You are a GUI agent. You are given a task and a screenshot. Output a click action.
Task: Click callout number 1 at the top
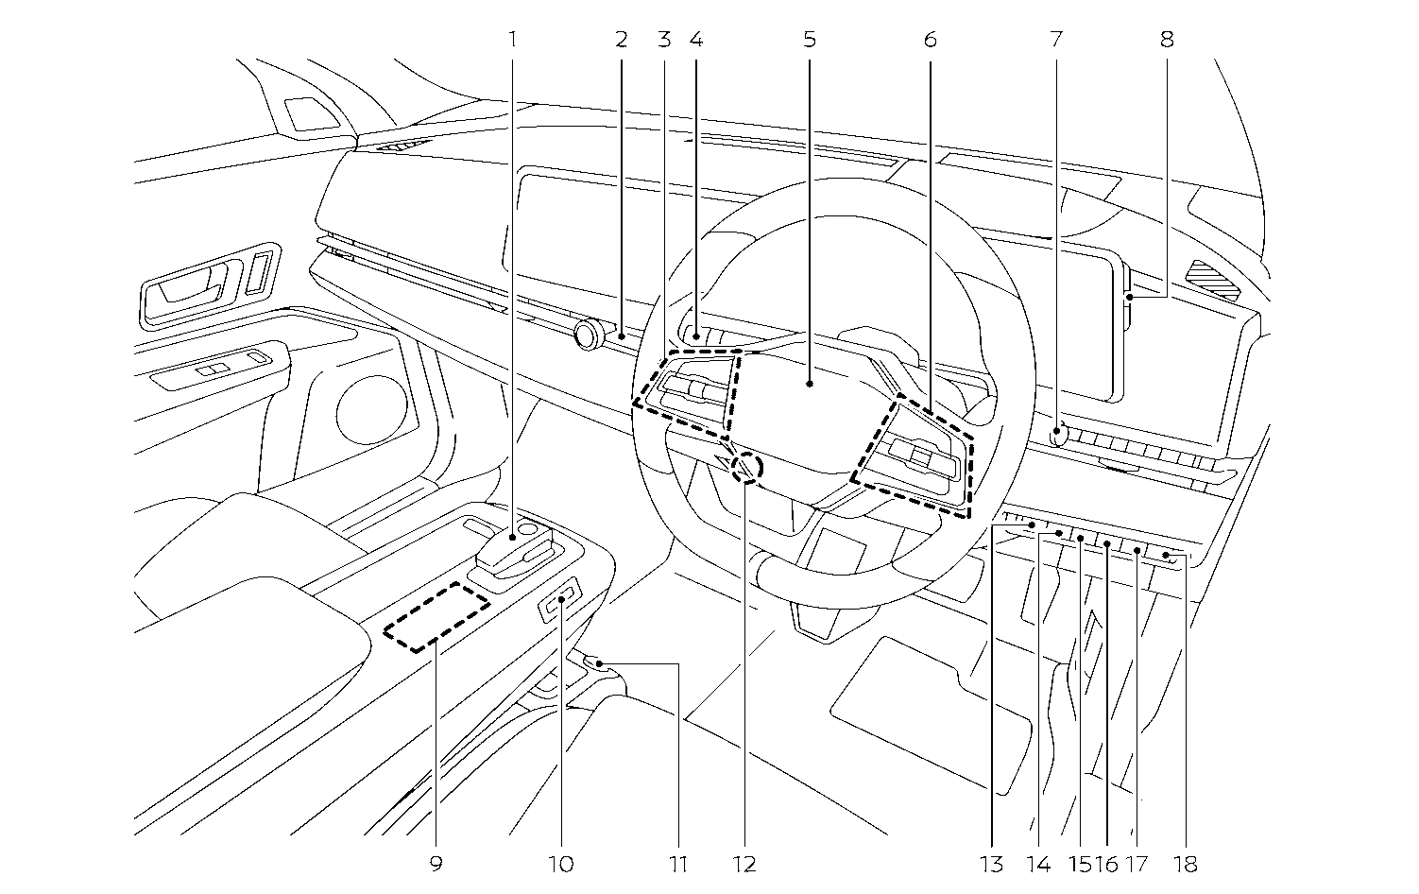pyautogui.click(x=512, y=40)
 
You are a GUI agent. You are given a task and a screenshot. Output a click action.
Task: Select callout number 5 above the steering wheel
pyautogui.click(x=810, y=40)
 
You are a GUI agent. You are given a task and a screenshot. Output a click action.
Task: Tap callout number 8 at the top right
pyautogui.click(x=1167, y=40)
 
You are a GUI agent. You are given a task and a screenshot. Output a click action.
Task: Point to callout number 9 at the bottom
pyautogui.click(x=436, y=864)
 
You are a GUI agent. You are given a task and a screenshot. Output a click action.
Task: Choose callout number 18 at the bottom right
pyautogui.click(x=1186, y=864)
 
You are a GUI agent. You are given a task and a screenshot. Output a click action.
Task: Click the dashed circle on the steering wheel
pyautogui.click(x=745, y=467)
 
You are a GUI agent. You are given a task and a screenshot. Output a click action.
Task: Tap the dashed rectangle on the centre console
pyautogui.click(x=436, y=616)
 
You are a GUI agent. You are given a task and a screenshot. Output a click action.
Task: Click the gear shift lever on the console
pyautogui.click(x=510, y=553)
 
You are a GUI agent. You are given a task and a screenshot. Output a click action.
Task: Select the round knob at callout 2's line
pyautogui.click(x=590, y=334)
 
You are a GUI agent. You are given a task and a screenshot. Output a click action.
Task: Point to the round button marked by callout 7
pyautogui.click(x=1059, y=435)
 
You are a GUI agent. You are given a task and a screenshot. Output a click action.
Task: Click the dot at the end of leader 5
pyautogui.click(x=810, y=384)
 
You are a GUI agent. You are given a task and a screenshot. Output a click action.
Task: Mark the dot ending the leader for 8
pyautogui.click(x=1130, y=298)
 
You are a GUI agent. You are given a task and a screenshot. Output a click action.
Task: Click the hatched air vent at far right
pyautogui.click(x=1212, y=279)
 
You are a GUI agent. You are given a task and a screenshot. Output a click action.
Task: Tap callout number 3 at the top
pyautogui.click(x=664, y=40)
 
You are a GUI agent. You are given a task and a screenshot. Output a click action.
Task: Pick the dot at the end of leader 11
pyautogui.click(x=599, y=664)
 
